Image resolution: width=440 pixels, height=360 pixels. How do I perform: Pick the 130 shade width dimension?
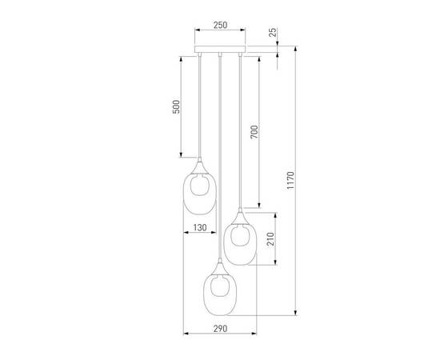[x=200, y=229]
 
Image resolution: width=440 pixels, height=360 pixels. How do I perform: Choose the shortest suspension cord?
[x=198, y=108]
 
